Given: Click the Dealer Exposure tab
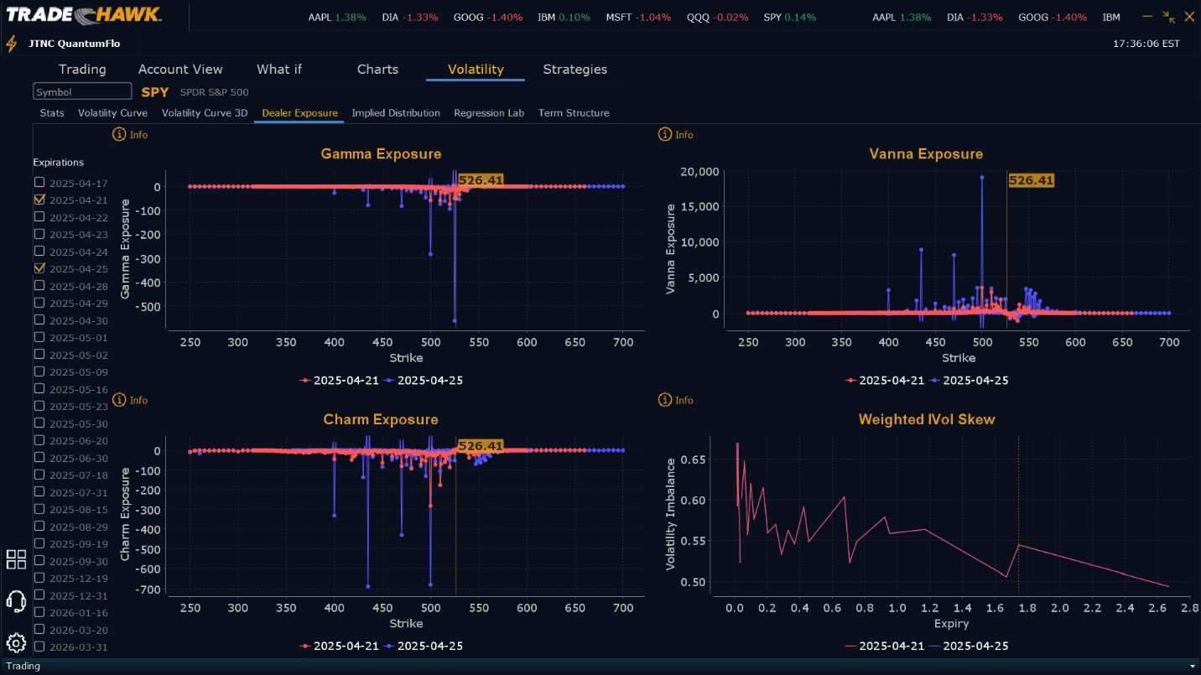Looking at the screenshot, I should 299,113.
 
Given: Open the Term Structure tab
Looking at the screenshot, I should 574,113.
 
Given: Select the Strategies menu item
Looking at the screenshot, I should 575,70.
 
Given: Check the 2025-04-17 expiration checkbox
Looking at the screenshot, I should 39,183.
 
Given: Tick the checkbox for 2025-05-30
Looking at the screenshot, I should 39,423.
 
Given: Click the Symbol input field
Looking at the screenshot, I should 82,92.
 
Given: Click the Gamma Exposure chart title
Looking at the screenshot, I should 381,154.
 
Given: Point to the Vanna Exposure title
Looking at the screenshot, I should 926,154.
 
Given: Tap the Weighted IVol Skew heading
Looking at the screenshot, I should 927,419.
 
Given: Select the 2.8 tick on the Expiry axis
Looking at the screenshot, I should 1189,607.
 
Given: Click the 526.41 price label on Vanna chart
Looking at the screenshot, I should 1031,180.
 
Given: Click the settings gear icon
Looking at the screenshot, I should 16,643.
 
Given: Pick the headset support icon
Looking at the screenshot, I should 16,601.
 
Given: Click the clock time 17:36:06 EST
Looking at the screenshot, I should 1146,44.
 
